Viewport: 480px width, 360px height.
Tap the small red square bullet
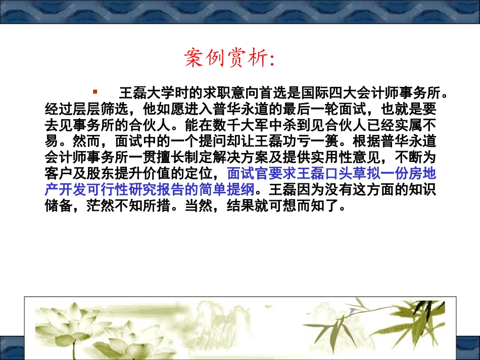click(x=95, y=92)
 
